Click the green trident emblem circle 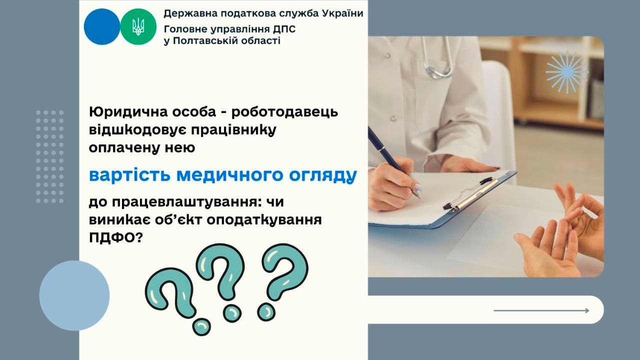(x=138, y=26)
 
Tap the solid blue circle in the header (x=102, y=26)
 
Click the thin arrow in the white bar (x=541, y=310)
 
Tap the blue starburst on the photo (x=566, y=71)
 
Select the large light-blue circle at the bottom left (x=74, y=295)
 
